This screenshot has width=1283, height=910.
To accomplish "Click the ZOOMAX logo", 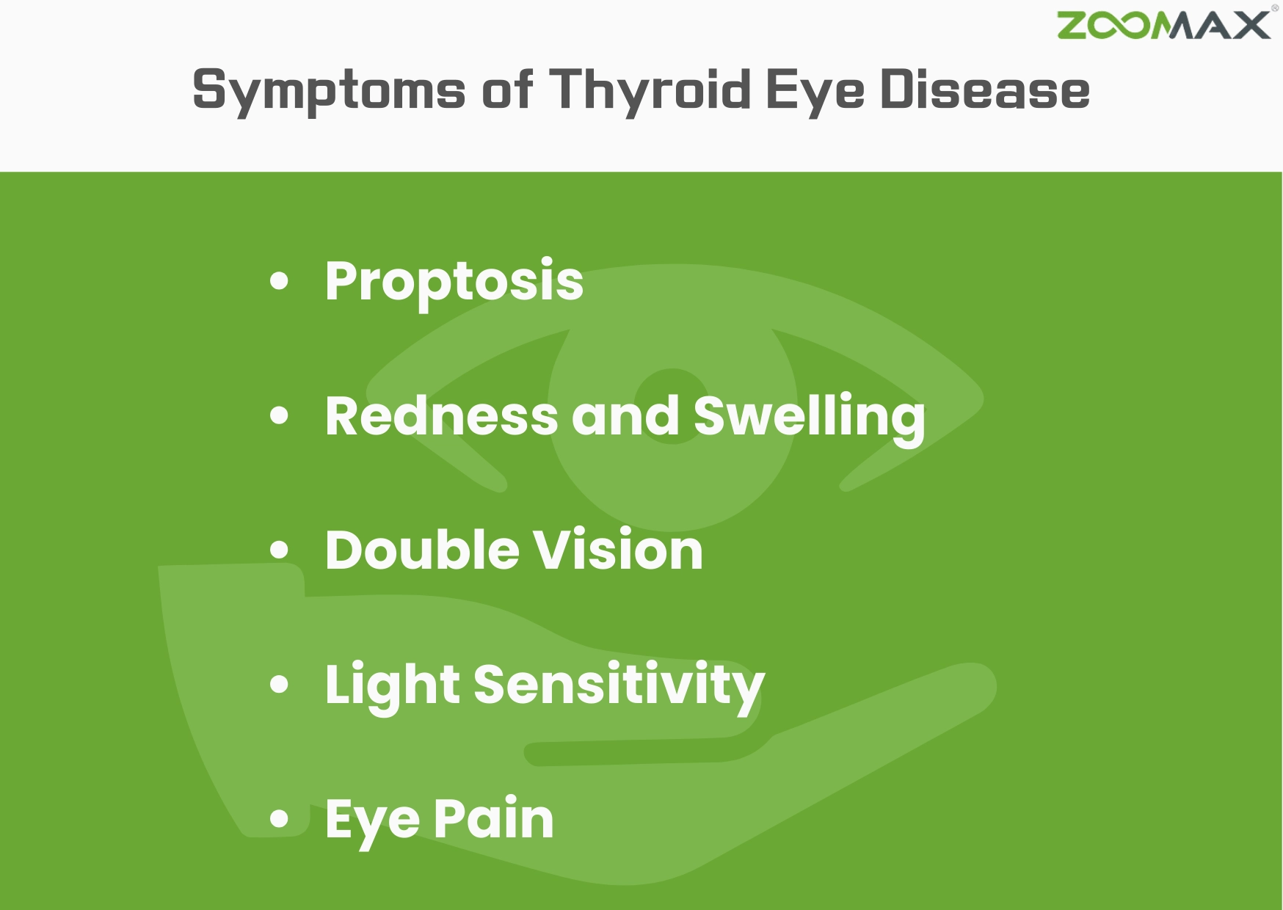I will point(1163,26).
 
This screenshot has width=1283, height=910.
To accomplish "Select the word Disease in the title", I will point(984,90).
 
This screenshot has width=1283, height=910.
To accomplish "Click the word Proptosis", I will point(454,282).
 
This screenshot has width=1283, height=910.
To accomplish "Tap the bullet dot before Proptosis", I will point(279,281).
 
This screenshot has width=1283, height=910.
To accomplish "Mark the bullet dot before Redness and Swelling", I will point(279,415).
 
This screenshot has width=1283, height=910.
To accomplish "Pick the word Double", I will point(422,550).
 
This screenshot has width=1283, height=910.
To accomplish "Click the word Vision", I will point(617,550).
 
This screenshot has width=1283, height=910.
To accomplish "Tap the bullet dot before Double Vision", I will point(279,550).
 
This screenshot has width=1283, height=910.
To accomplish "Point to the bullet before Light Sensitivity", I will point(279,684).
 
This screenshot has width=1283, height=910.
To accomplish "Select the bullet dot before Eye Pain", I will point(279,818).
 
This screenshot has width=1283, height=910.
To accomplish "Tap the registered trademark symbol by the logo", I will point(1275,8).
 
